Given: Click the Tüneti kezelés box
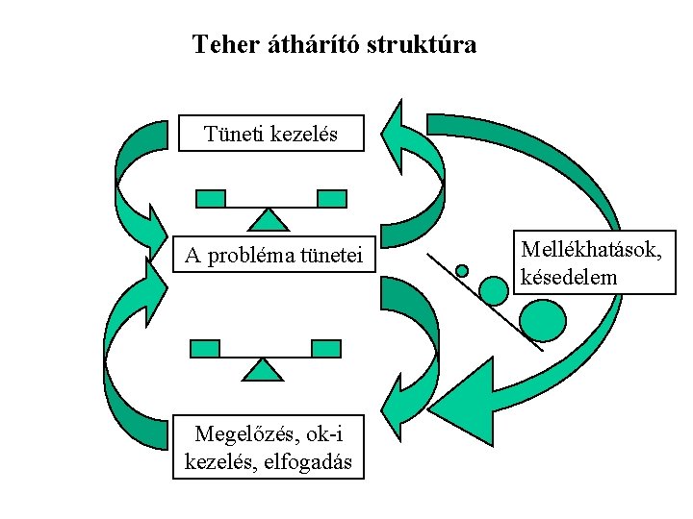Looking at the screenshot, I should (271, 134).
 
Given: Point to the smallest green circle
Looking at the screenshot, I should (462, 271).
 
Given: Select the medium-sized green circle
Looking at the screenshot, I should (493, 289).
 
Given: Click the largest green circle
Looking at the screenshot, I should (542, 320).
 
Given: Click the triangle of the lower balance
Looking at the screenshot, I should (262, 370).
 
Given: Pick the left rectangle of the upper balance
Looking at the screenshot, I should (210, 199).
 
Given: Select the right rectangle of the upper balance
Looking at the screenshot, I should (332, 199).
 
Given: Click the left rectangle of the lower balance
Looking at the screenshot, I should (205, 348).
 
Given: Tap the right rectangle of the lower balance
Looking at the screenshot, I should (325, 348).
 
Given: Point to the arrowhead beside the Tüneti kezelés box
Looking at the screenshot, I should (396, 134).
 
